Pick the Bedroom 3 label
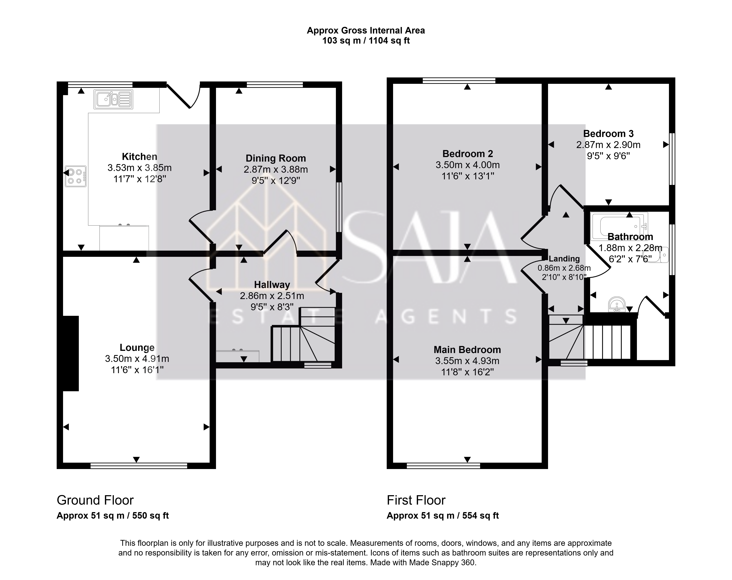(608, 134)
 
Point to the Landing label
(564, 259)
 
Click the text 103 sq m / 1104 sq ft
(366, 41)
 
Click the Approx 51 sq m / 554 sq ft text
(443, 515)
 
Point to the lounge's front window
(139, 466)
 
